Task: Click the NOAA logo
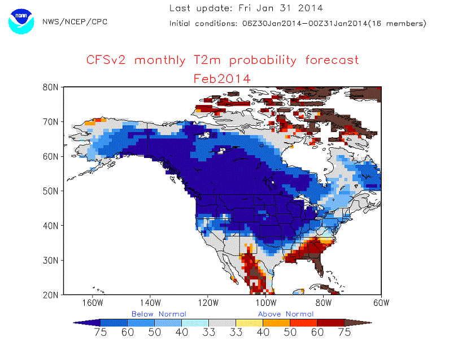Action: click(21, 21)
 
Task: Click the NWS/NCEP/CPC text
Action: click(75, 21)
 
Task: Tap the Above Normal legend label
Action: click(286, 314)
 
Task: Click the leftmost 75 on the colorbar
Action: click(101, 332)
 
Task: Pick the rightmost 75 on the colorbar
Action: click(344, 332)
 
